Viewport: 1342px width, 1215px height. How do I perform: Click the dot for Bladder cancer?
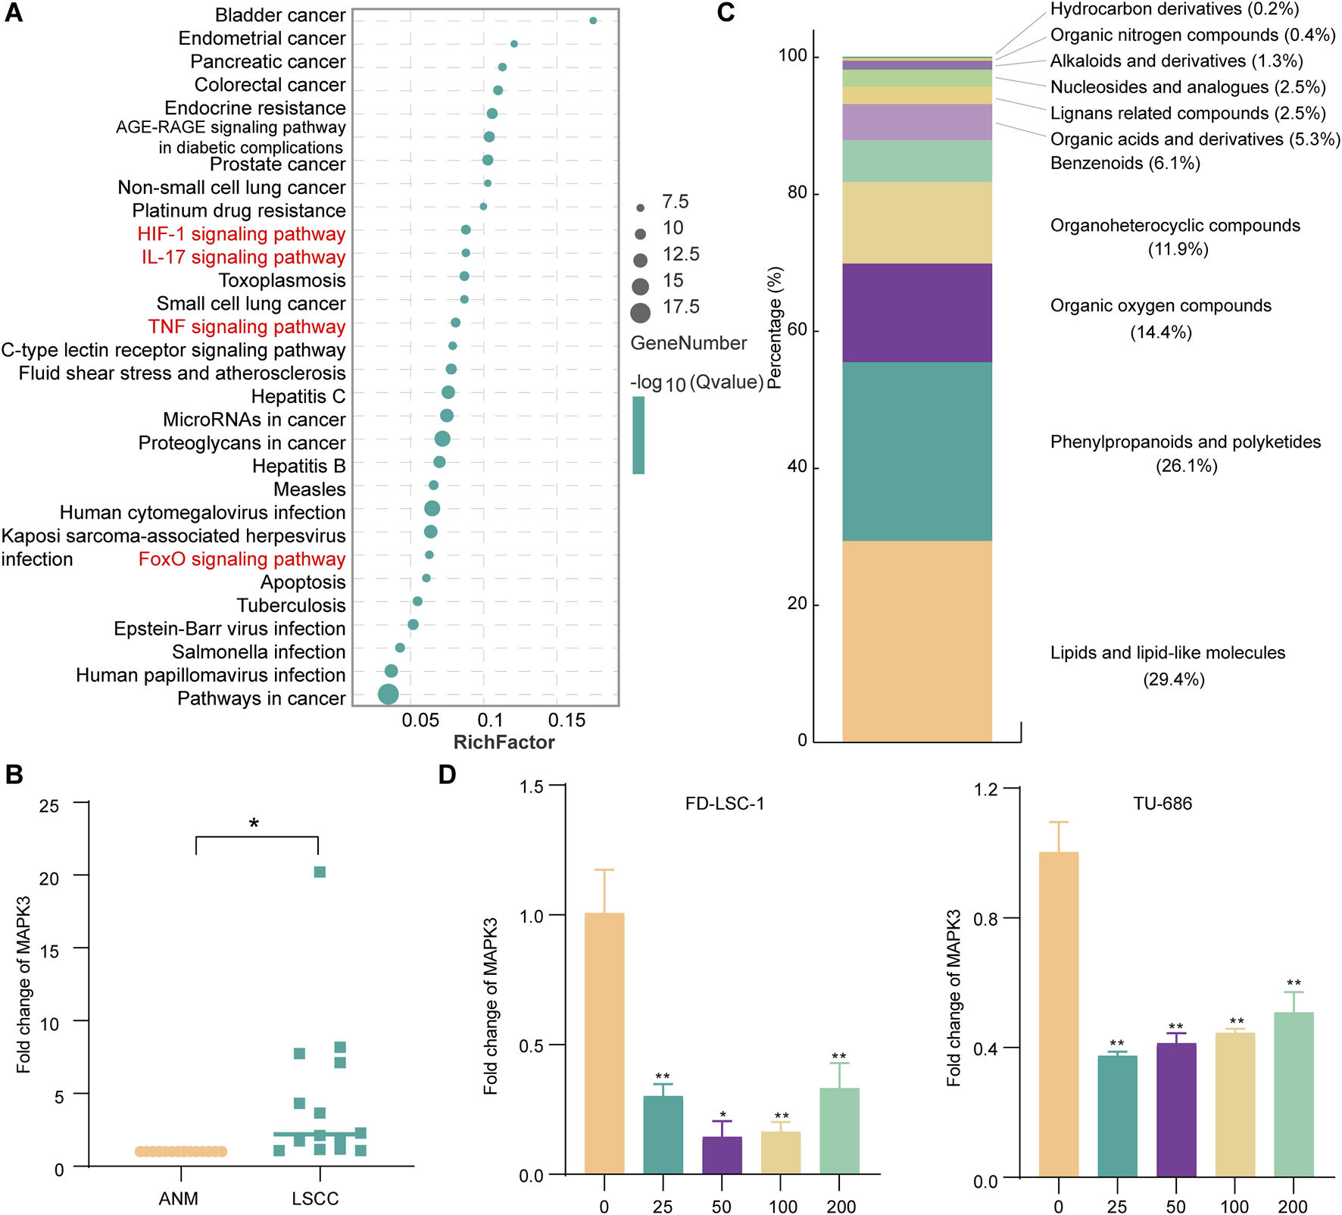pyautogui.click(x=593, y=20)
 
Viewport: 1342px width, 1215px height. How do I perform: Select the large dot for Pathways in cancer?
pyautogui.click(x=388, y=694)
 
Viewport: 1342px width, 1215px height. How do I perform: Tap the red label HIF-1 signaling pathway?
pyautogui.click(x=241, y=234)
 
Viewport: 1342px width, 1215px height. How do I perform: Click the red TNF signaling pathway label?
pyautogui.click(x=247, y=327)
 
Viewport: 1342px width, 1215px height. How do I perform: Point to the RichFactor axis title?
pyautogui.click(x=504, y=742)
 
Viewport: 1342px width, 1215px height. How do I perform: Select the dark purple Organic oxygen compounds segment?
pyautogui.click(x=916, y=312)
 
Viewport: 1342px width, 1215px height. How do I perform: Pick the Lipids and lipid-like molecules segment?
pyautogui.click(x=916, y=640)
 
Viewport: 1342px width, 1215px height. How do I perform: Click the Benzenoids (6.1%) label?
pyautogui.click(x=1125, y=164)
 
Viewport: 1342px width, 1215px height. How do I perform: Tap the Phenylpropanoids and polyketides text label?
pyautogui.click(x=1185, y=442)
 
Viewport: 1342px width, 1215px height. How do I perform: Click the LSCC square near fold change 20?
pyautogui.click(x=320, y=872)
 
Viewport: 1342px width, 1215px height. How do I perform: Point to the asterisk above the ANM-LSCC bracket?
pyautogui.click(x=254, y=823)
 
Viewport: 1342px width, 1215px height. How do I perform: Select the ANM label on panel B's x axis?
pyautogui.click(x=179, y=1198)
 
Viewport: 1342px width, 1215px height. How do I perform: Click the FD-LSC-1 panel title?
pyautogui.click(x=724, y=804)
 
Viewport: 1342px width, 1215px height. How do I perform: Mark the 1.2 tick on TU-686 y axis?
pyautogui.click(x=986, y=790)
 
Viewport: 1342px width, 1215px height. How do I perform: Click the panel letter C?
pyautogui.click(x=726, y=13)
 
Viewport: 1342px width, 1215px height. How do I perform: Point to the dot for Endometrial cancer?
pyautogui.click(x=514, y=44)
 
